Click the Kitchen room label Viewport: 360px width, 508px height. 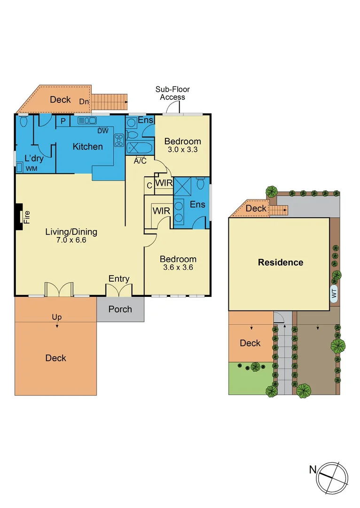[87, 147]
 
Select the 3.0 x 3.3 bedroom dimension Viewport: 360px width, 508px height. [182, 150]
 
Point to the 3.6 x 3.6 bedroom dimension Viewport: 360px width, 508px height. [178, 268]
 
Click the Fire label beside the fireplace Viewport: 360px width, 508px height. [27, 217]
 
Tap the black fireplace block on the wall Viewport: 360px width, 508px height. [18, 217]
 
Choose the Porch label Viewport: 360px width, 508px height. [120, 309]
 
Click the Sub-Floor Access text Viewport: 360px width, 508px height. [172, 93]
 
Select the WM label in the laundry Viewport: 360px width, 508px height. [31, 168]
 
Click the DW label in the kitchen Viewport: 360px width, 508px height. [103, 131]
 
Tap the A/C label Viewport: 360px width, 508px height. [140, 161]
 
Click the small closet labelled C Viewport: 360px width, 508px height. [149, 185]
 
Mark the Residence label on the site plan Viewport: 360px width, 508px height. [281, 262]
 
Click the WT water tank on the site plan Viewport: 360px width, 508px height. [335, 294]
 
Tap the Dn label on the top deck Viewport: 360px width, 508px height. [84, 102]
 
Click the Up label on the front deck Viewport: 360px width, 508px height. [57, 317]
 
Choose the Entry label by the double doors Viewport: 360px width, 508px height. [118, 279]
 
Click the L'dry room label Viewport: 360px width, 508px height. [33, 158]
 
